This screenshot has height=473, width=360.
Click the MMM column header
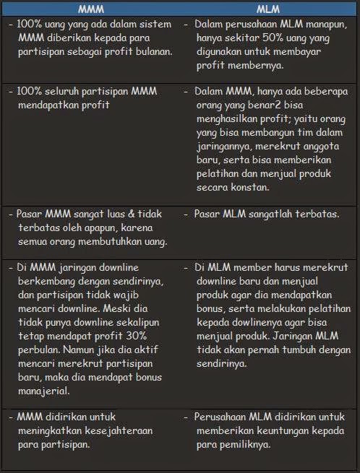click(x=90, y=9)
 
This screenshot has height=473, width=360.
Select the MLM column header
click(x=268, y=9)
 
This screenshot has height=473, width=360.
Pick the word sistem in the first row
click(x=155, y=25)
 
